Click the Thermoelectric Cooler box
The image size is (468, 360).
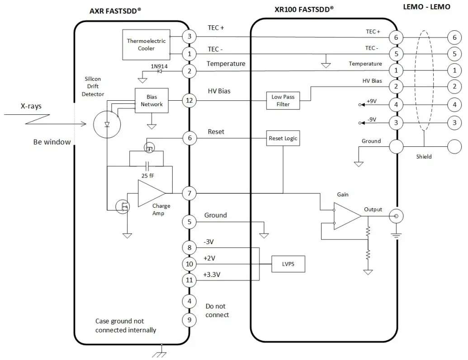point(146,44)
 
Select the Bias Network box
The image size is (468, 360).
point(151,100)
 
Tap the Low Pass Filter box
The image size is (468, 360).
point(283,100)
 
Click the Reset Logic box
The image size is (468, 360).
point(283,138)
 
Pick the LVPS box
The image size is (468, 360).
point(288,264)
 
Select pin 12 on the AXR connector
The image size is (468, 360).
point(189,100)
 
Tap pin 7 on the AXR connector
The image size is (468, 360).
point(189,194)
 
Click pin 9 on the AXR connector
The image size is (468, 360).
point(189,320)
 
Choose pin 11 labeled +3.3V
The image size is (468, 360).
point(189,280)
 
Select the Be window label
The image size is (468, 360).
point(52,142)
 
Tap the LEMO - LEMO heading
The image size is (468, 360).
point(426,7)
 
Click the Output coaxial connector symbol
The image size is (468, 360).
point(397,217)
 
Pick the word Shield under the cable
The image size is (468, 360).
point(424,157)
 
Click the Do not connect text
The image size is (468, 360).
point(217,311)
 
